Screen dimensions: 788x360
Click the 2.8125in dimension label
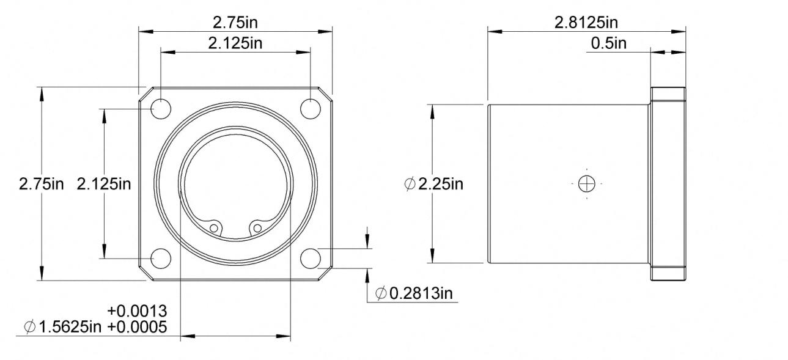pyautogui.click(x=586, y=23)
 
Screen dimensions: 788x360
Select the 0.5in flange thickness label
pyautogui.click(x=609, y=43)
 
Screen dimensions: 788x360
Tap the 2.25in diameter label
pyautogui.click(x=440, y=184)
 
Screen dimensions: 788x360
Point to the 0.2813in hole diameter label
pyautogui.click(x=421, y=293)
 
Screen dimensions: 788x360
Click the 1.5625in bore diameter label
pyautogui.click(x=70, y=327)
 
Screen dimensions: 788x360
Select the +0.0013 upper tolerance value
pyautogui.click(x=137, y=311)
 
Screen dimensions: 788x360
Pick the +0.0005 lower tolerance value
pyautogui.click(x=137, y=327)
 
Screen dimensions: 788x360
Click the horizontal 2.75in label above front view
pyautogui.click(x=235, y=23)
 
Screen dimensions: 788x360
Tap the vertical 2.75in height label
pyautogui.click(x=42, y=184)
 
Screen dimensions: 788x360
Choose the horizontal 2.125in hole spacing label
pyautogui.click(x=235, y=43)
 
